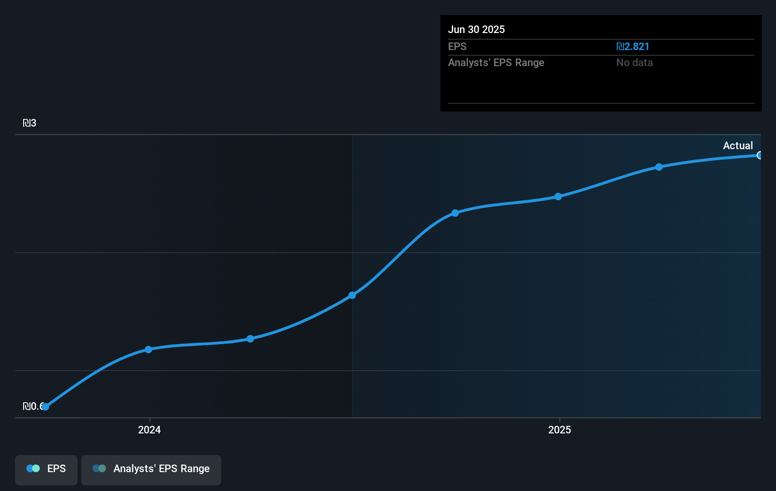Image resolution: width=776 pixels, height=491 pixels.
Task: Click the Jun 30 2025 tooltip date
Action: click(476, 29)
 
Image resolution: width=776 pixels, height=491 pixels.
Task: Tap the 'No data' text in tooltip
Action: click(634, 62)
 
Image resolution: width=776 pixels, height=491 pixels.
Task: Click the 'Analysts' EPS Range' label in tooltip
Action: click(496, 62)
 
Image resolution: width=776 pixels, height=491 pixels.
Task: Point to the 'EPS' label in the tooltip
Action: click(457, 46)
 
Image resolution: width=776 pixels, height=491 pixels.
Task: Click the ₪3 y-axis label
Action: click(29, 123)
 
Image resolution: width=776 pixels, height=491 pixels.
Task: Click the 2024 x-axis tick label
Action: click(149, 430)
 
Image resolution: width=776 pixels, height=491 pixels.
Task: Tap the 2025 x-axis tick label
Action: click(560, 430)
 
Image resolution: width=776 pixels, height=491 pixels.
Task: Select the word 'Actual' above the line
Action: click(738, 145)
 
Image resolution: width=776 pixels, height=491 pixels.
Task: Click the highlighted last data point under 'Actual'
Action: click(759, 155)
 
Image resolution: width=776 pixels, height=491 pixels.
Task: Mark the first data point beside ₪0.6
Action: click(45, 406)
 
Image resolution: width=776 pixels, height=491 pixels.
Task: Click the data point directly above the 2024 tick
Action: click(148, 349)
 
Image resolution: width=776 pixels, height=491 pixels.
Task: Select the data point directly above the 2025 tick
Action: click(558, 196)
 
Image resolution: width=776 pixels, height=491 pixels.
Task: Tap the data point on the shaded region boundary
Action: click(352, 295)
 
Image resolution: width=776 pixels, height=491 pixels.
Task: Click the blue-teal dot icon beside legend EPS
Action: click(33, 468)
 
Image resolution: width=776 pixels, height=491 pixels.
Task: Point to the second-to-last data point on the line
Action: click(659, 167)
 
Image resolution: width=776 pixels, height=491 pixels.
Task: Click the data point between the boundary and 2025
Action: click(455, 213)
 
